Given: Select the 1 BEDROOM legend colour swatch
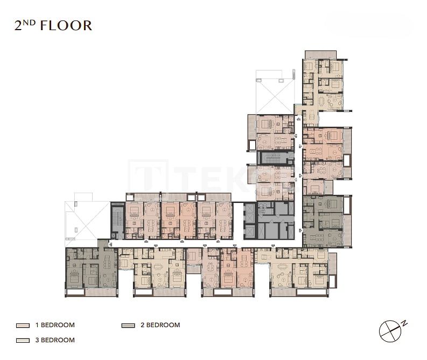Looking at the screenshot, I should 22,326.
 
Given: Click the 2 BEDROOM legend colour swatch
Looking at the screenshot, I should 128,326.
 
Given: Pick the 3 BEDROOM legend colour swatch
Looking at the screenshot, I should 22,340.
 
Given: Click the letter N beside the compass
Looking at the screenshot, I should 404,323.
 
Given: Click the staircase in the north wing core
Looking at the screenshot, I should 275,158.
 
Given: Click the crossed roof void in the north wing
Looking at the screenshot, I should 275,95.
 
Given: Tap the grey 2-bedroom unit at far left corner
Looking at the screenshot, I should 90,267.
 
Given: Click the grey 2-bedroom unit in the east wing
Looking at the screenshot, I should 323,221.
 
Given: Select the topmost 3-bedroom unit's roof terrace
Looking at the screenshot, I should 320,54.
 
